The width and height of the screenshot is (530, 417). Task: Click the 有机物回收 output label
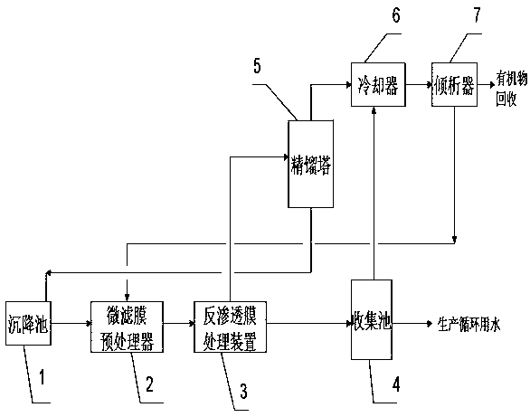click(511, 90)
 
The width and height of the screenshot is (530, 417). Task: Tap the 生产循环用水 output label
click(468, 324)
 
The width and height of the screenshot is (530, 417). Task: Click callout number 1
click(42, 377)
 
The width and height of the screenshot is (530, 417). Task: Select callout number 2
click(149, 384)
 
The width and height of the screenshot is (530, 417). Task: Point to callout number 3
click(243, 391)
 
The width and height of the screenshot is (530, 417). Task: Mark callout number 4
click(396, 384)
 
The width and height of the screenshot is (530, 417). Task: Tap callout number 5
click(257, 65)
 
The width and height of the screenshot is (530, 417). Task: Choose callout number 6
click(396, 14)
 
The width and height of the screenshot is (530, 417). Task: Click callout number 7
click(477, 14)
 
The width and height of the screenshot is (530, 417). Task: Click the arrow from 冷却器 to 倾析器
click(419, 84)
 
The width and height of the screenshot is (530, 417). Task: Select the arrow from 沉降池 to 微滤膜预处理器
click(71, 324)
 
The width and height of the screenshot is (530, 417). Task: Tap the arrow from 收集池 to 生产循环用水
click(412, 324)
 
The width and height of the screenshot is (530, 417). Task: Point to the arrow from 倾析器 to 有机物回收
click(486, 84)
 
